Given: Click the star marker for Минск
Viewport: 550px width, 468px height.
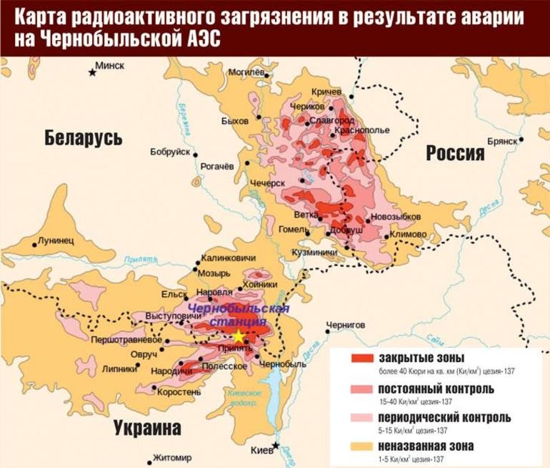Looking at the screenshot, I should pos(92,72).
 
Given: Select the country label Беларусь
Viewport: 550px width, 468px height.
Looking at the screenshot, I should pos(83,137).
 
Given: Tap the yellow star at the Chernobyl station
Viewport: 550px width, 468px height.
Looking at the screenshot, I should pos(239,336).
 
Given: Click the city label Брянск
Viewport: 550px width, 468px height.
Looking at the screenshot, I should pos(501,142).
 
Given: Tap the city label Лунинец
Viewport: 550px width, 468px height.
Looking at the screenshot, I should pos(56,240).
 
